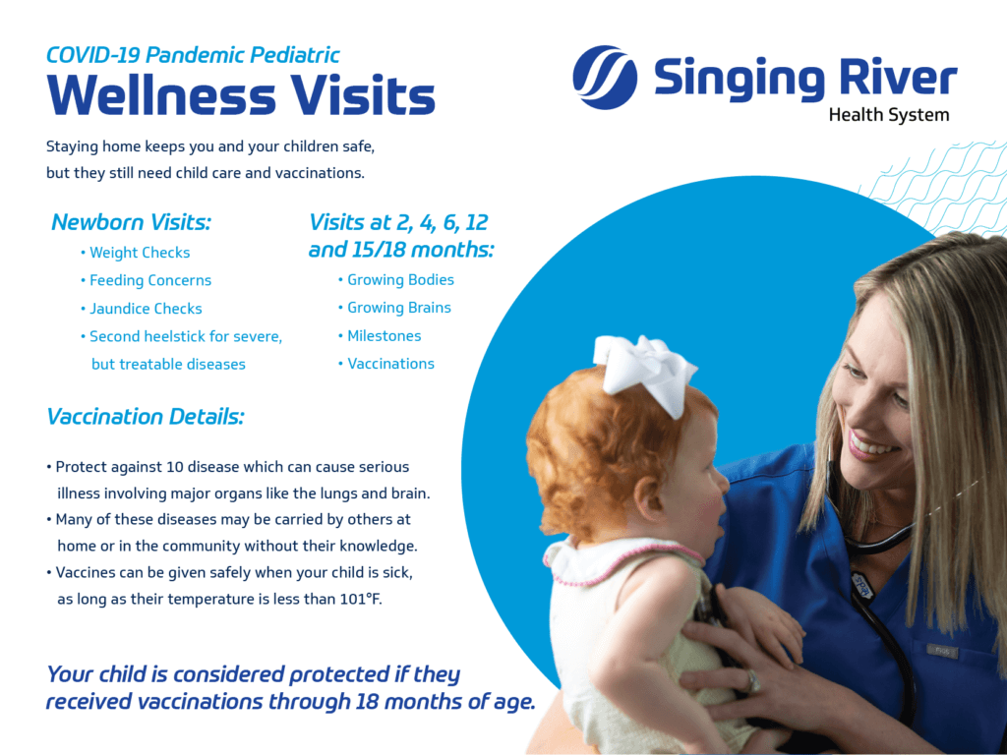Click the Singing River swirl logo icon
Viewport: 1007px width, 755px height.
click(605, 77)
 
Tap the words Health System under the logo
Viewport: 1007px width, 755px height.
click(888, 115)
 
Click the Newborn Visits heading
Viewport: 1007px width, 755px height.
click(131, 222)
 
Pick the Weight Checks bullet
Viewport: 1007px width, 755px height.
click(136, 253)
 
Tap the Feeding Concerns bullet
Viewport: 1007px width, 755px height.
click(146, 280)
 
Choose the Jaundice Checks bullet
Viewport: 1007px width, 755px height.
click(142, 309)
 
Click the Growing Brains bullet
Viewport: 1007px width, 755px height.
click(394, 308)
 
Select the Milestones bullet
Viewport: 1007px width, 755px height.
click(380, 336)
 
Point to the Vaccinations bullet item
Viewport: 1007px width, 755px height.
click(385, 364)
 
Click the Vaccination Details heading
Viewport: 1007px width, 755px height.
click(146, 417)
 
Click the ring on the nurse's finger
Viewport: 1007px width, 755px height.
click(751, 681)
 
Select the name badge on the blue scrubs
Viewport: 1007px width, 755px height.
click(942, 652)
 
